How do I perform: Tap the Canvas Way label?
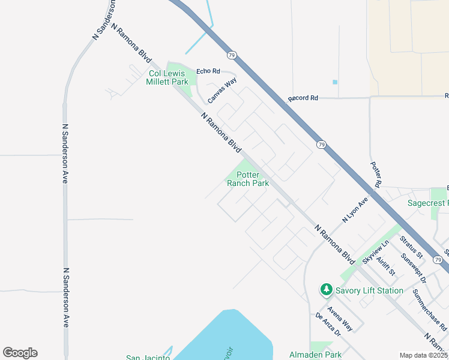tap(222, 89)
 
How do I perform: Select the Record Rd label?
tap(303, 98)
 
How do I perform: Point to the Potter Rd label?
tap(376, 176)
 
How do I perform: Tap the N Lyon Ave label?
tap(354, 211)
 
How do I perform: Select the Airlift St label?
tap(385, 266)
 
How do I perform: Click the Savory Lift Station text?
tap(369, 290)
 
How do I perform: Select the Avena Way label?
tap(340, 316)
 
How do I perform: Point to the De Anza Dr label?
tap(327, 324)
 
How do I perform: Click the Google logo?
tap(20, 353)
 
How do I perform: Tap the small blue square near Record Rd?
tap(335, 82)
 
